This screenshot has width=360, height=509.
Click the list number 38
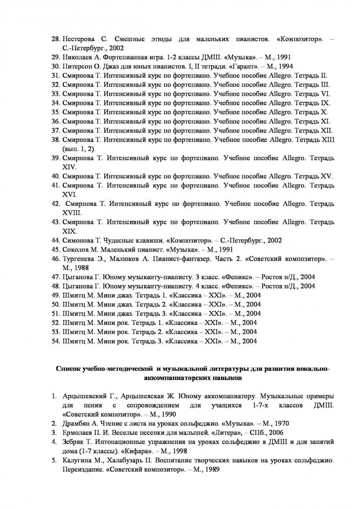55,140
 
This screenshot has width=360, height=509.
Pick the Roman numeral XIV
69,167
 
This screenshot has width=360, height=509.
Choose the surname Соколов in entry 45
75,250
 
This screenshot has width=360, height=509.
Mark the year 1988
81,268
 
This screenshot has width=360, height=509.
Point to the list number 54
55,341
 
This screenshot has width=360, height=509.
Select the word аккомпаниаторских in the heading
174,378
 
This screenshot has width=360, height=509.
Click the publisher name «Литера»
224,433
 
